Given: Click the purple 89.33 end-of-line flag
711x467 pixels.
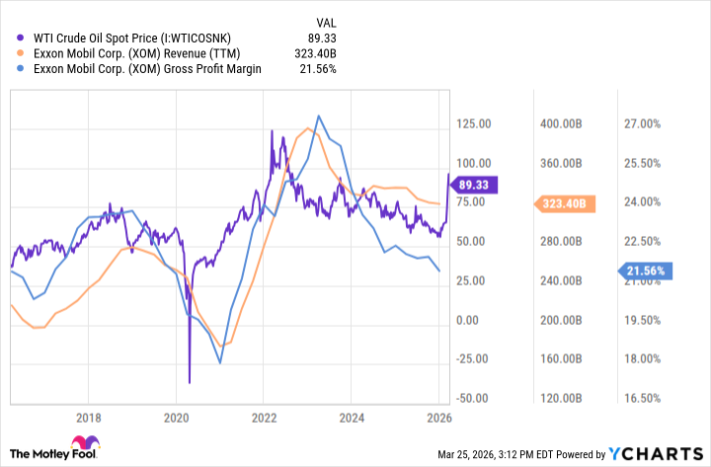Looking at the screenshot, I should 476,185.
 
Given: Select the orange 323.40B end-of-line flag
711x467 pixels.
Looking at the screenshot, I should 565,204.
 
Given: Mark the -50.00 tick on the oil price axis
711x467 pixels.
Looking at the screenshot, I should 471,398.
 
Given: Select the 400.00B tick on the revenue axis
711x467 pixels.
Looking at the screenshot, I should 561,123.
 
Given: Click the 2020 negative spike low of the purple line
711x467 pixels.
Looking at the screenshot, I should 189,381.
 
